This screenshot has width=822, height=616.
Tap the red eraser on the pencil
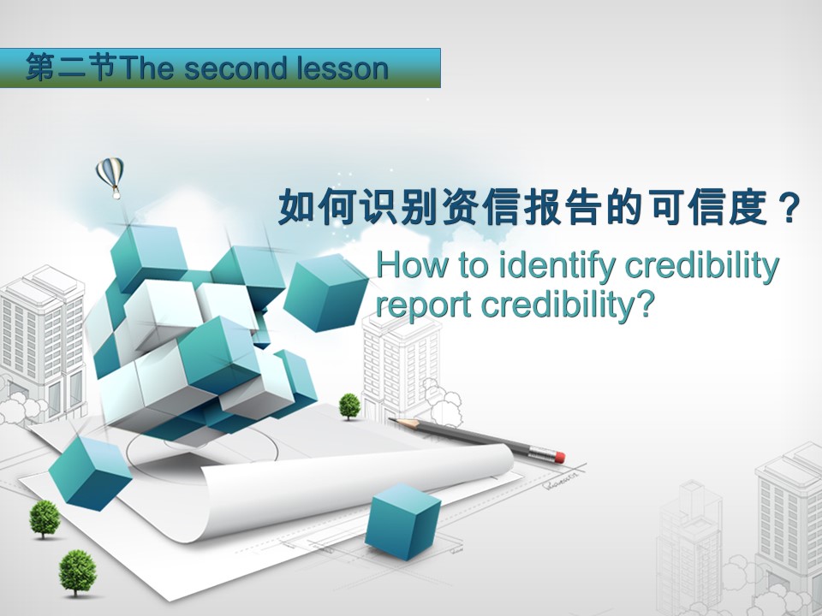(x=559, y=457)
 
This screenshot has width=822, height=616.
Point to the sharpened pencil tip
(x=391, y=419)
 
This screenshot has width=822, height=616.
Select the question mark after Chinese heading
(x=788, y=208)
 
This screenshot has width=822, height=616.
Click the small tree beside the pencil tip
(x=349, y=406)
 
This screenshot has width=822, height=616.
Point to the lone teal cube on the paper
(x=402, y=520)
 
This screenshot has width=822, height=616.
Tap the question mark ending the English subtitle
(x=646, y=304)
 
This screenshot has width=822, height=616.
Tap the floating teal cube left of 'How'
(x=326, y=293)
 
